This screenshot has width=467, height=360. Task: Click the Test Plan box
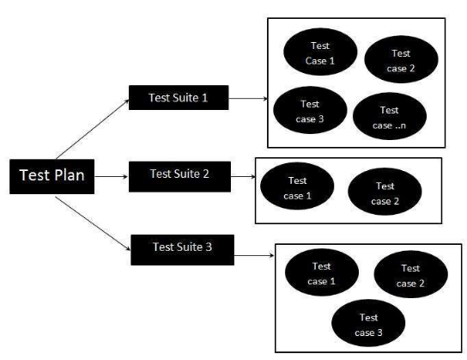[x=52, y=176]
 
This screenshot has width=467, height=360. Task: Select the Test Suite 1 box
[x=179, y=97]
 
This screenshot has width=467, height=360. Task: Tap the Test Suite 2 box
[x=179, y=176]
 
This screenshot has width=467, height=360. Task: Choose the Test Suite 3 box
[x=182, y=250]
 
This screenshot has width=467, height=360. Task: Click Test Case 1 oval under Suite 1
[x=320, y=52]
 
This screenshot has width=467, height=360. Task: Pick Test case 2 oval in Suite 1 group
[x=401, y=59]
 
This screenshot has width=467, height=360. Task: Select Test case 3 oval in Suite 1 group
[x=310, y=110]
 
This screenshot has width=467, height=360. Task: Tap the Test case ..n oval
[x=390, y=116]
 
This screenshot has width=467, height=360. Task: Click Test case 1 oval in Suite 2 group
[x=297, y=186]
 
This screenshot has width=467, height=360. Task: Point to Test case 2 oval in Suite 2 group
[x=385, y=192]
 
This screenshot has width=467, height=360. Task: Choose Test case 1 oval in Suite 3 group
[x=322, y=272]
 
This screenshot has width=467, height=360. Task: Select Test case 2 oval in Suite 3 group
[x=410, y=274]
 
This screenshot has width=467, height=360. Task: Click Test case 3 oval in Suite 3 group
[x=368, y=323]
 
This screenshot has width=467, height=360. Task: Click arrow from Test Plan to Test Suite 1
[x=93, y=129]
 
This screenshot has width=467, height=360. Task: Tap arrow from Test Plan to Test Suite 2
[x=112, y=177]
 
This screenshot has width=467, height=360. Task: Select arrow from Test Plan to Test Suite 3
[x=93, y=223]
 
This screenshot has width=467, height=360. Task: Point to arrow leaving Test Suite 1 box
[x=248, y=98]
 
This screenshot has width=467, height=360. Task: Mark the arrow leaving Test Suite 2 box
[x=243, y=177]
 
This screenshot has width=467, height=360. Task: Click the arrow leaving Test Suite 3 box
[x=254, y=255]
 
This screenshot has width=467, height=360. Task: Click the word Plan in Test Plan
[x=69, y=175]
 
